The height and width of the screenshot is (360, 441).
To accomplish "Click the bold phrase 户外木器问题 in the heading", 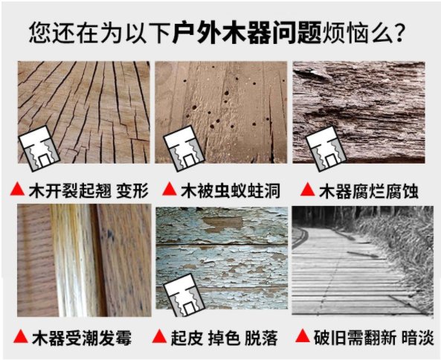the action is (x=247, y=33).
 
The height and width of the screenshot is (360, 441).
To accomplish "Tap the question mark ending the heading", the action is (x=399, y=33).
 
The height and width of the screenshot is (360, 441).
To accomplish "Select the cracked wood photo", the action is (x=83, y=112).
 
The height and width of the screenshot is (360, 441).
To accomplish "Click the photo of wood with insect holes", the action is (x=221, y=112).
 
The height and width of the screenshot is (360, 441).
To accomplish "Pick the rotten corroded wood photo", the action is (x=359, y=112).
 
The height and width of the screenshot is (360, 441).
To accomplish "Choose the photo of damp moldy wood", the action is (x=84, y=260).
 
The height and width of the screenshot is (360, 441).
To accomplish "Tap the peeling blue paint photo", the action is (x=222, y=258).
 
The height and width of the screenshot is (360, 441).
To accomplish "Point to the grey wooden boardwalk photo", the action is (x=363, y=260).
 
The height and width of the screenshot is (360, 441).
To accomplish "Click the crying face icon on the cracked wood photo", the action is (x=39, y=149).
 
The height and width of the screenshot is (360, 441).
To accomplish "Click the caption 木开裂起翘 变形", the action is (x=88, y=190).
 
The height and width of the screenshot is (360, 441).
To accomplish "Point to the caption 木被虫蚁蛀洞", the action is (x=231, y=190).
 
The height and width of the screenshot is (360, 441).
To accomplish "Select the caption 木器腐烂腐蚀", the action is (x=369, y=191).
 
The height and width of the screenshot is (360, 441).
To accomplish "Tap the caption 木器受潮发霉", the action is (x=82, y=338).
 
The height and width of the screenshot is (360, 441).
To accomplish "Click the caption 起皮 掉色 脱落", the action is (x=225, y=338).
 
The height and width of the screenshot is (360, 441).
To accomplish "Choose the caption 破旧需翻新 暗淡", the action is (x=373, y=337).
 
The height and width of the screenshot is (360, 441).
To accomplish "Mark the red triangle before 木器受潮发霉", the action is (x=21, y=336).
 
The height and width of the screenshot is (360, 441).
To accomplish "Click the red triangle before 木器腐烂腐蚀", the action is (x=308, y=189).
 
